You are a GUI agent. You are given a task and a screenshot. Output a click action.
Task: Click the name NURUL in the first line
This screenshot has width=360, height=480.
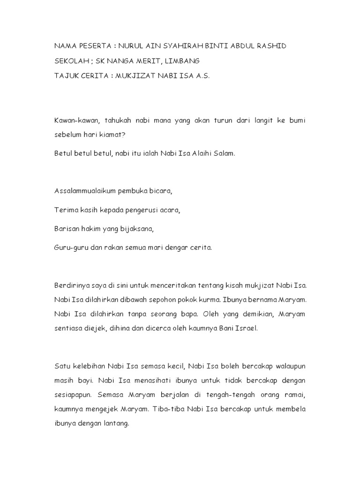(133, 47)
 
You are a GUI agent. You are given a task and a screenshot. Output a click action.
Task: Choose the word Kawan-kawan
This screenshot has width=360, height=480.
(75, 120)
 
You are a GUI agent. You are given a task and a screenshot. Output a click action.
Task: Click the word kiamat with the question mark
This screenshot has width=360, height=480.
(117, 135)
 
